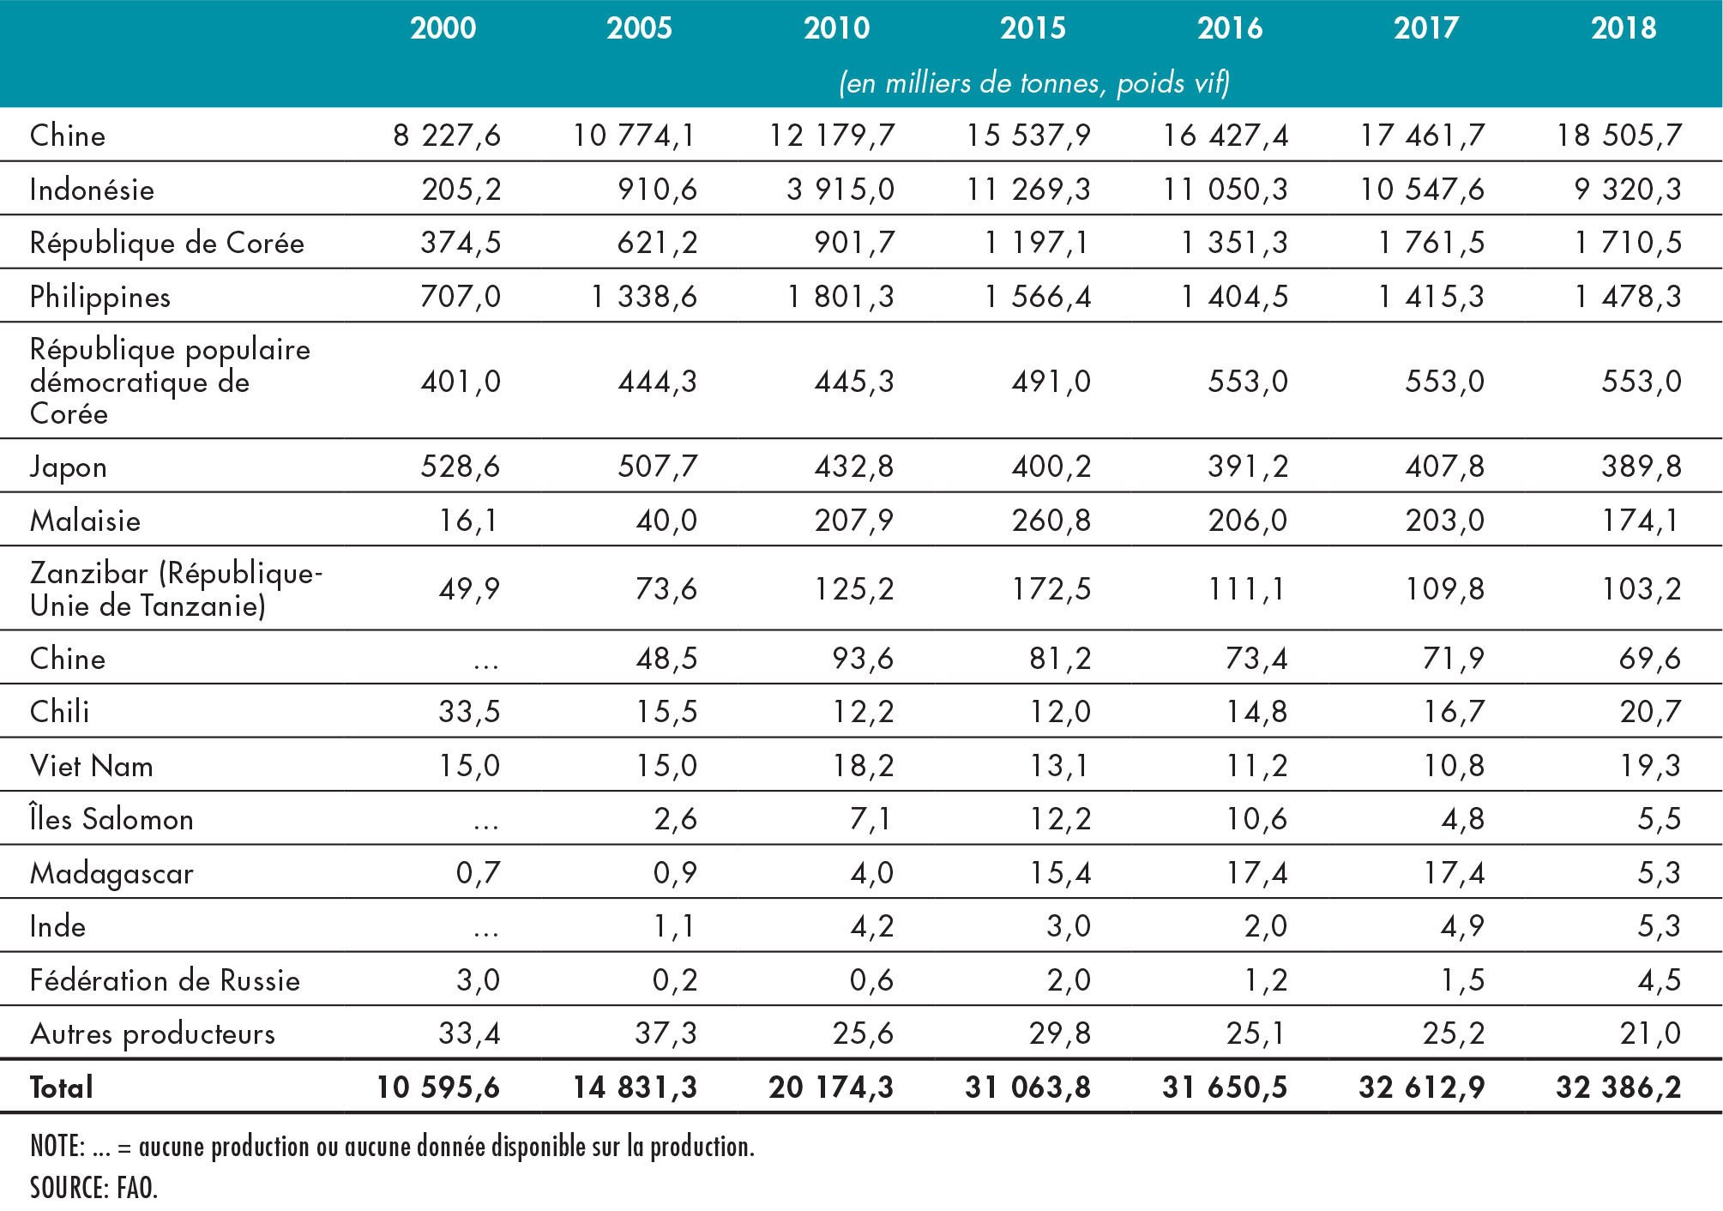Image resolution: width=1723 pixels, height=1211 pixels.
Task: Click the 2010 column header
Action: coord(836,28)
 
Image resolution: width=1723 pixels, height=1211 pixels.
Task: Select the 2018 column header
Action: coord(1624,28)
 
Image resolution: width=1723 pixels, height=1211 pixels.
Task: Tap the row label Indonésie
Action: coord(92,189)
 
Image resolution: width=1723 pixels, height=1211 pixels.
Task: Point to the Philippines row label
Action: coord(100,297)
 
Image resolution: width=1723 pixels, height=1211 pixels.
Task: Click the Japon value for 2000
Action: coord(461,467)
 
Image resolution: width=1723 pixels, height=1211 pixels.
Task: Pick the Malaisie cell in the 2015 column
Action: coord(1051,520)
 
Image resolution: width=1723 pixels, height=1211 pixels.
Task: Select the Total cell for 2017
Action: coord(1421,1087)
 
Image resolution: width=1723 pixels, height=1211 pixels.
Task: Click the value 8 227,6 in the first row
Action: coord(447,136)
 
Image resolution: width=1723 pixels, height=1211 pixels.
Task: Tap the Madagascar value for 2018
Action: coord(1660,872)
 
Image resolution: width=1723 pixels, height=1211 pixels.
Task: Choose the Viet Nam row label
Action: coord(92,765)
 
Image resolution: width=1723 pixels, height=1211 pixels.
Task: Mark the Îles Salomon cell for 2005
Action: coord(676,819)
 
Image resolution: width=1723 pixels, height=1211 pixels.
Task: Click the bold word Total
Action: coord(62,1087)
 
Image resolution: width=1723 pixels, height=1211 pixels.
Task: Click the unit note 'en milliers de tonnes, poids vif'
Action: coord(1034,82)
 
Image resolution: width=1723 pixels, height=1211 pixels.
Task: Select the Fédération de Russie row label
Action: coord(165,979)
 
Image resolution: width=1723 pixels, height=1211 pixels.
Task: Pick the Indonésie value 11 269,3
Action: coord(1028,189)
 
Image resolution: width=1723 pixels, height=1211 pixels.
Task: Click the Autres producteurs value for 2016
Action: coord(1256,1033)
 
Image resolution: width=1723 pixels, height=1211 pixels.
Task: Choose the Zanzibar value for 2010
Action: coord(854,589)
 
